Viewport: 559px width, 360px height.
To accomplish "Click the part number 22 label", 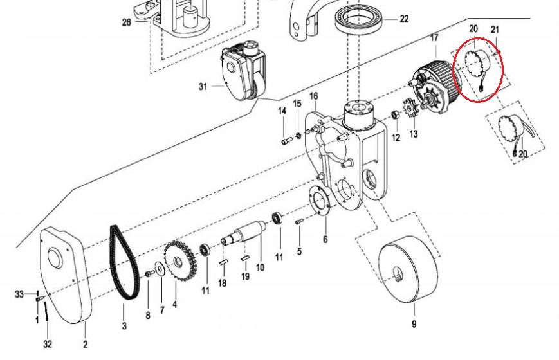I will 404,19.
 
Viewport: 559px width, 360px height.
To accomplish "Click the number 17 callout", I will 434,39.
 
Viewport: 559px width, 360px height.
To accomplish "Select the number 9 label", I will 414,324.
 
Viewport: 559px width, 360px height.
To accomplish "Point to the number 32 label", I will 48,345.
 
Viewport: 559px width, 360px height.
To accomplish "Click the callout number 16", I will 313,96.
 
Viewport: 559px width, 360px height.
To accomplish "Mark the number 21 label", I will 495,30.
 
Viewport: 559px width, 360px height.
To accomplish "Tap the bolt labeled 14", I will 286,140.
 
